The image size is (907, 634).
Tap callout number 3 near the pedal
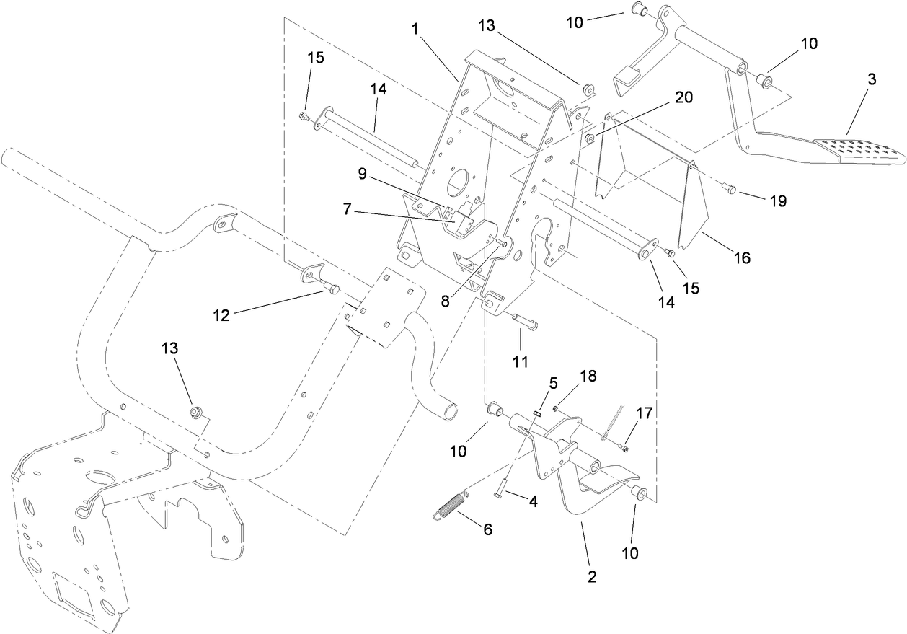click(x=872, y=80)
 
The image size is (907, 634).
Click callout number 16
click(x=742, y=257)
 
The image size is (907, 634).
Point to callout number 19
click(x=777, y=201)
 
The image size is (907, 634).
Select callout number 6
click(x=487, y=529)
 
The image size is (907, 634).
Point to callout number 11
click(x=521, y=360)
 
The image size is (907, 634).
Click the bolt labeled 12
click(x=331, y=289)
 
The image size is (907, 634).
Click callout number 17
click(x=644, y=413)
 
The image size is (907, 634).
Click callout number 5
click(x=553, y=384)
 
